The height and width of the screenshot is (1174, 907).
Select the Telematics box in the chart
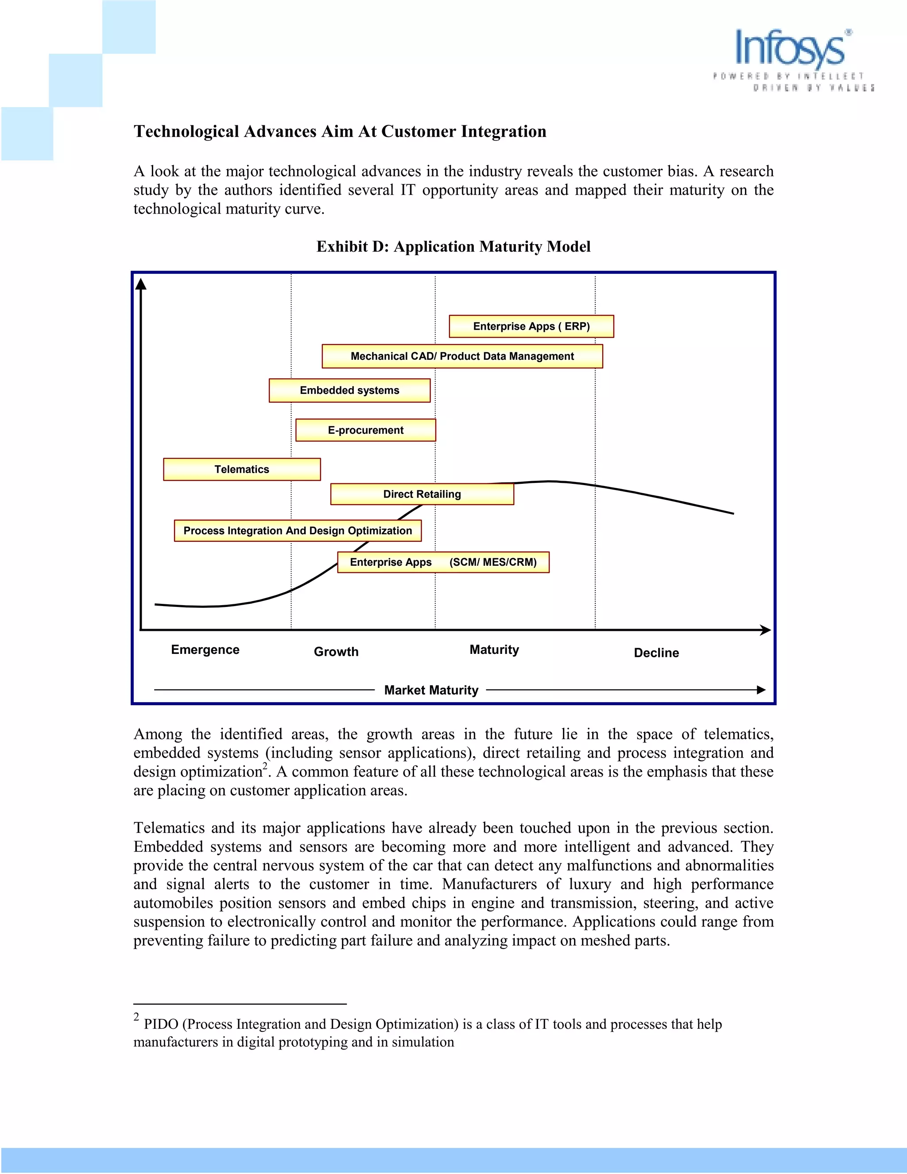pyautogui.click(x=242, y=469)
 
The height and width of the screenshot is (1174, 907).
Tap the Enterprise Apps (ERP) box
pyautogui.click(x=531, y=327)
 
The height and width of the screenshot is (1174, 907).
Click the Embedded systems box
pyautogui.click(x=349, y=390)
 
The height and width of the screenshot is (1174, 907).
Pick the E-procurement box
pyautogui.click(x=365, y=430)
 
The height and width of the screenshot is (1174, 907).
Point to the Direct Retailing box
pyautogui.click(x=422, y=494)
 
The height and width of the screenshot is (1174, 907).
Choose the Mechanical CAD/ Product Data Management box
pyautogui.click(x=462, y=356)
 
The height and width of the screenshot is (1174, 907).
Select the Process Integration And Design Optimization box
pyautogui.click(x=298, y=531)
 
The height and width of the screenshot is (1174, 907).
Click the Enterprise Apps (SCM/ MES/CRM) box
pyautogui.click(x=443, y=562)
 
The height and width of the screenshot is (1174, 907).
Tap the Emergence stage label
pyautogui.click(x=205, y=649)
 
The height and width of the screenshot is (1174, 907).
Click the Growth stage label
pyautogui.click(x=336, y=652)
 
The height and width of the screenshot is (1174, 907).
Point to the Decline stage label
pyautogui.click(x=656, y=653)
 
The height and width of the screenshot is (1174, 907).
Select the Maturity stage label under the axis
pyautogui.click(x=494, y=649)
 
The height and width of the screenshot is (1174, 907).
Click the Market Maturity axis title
pyautogui.click(x=431, y=690)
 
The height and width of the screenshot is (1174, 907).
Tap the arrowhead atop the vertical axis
pyautogui.click(x=141, y=284)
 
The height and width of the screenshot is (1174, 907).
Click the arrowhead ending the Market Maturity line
pyautogui.click(x=761, y=690)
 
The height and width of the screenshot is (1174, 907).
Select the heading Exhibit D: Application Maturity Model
pyautogui.click(x=453, y=246)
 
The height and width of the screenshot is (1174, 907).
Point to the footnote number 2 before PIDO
pyautogui.click(x=136, y=1016)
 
